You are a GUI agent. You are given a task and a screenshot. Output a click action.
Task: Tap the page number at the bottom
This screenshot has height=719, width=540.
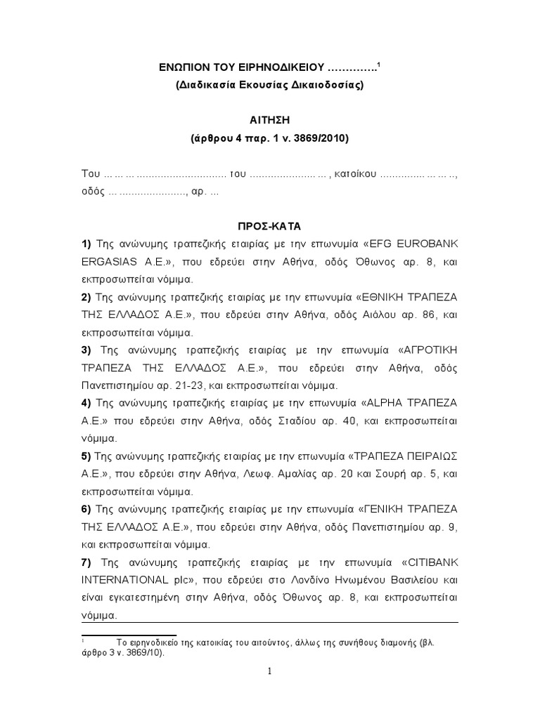(x=269, y=671)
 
